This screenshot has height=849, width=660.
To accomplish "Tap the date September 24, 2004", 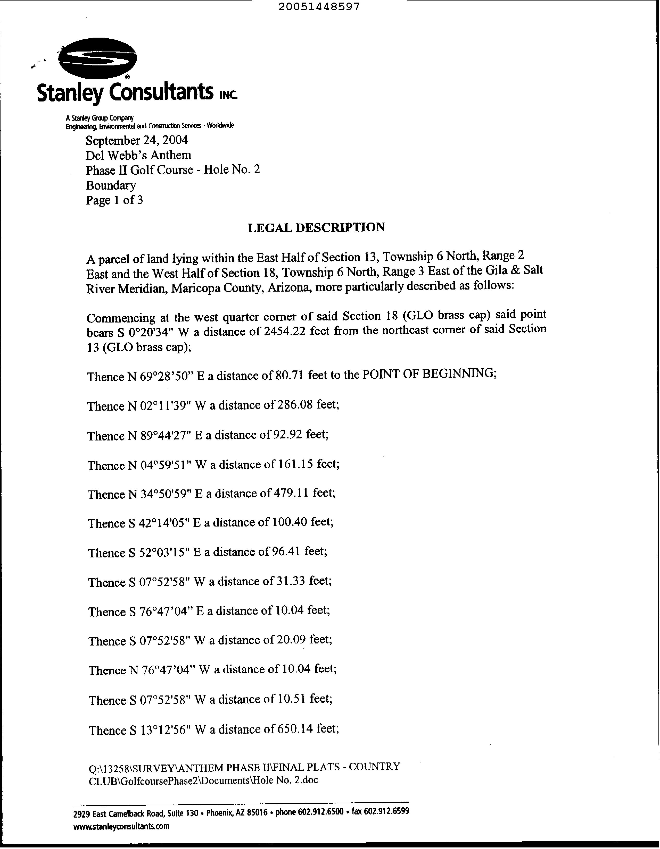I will point(137,140).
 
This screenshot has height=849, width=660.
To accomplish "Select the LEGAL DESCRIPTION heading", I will point(316,227).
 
